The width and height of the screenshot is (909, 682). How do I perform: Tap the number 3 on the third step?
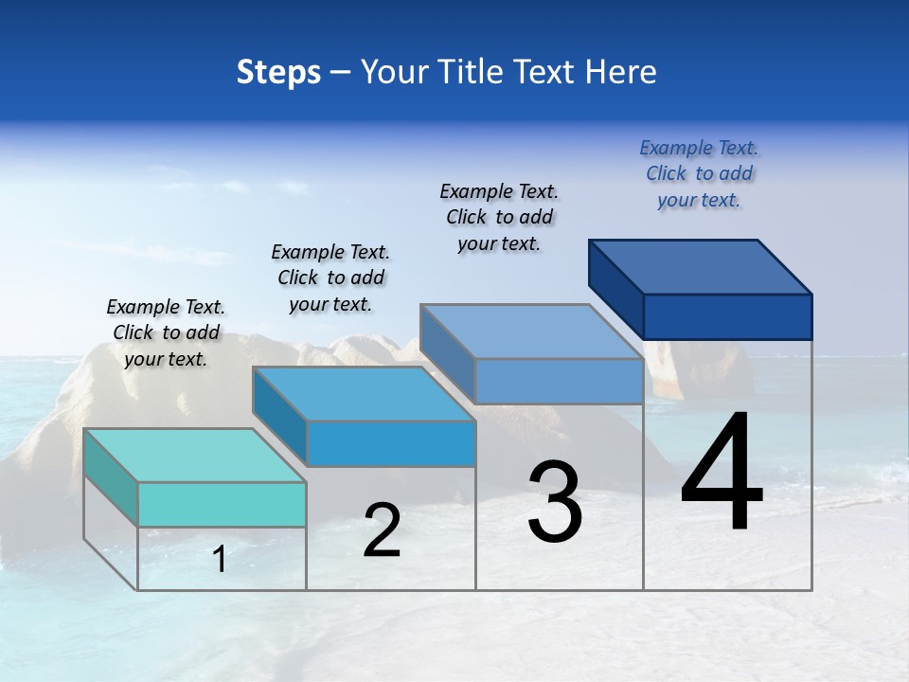pyautogui.click(x=555, y=502)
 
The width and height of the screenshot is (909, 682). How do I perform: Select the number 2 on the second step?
pyautogui.click(x=382, y=531)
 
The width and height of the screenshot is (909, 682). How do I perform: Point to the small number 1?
pyautogui.click(x=220, y=560)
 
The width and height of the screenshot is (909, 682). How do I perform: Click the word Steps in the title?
pyautogui.click(x=278, y=72)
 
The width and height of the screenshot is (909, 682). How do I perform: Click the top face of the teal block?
pyautogui.click(x=194, y=456)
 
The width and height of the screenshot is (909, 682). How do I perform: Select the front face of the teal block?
pyautogui.click(x=222, y=504)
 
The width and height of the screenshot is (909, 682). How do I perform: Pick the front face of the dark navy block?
pyautogui.click(x=727, y=316)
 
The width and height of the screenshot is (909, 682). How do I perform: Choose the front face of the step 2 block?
pyautogui.click(x=390, y=443)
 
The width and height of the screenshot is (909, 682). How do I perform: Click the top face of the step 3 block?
pyautogui.click(x=532, y=332)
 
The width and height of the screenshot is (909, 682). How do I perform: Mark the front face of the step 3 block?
pyautogui.click(x=559, y=381)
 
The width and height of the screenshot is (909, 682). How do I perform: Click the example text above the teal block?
pyautogui.click(x=166, y=332)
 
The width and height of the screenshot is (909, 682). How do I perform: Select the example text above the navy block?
pyautogui.click(x=699, y=173)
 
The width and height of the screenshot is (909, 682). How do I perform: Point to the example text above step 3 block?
pyautogui.click(x=499, y=217)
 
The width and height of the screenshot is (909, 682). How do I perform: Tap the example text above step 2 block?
pyautogui.click(x=330, y=278)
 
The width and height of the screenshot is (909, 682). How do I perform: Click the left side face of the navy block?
pyautogui.click(x=615, y=288)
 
